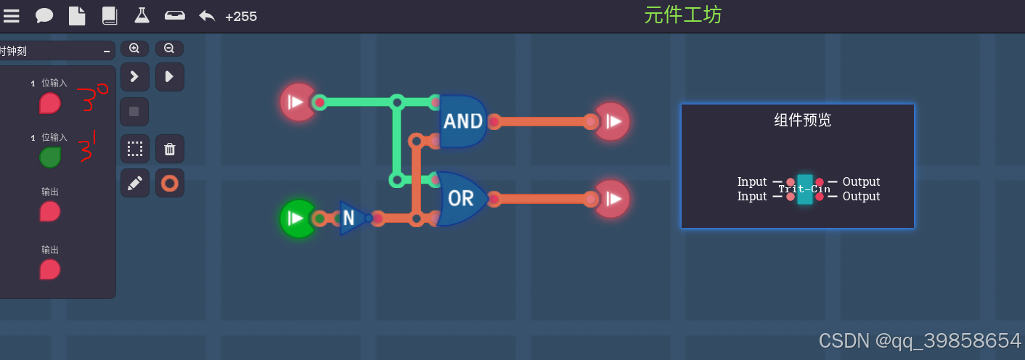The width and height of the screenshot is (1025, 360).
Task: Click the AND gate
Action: pyautogui.click(x=462, y=120)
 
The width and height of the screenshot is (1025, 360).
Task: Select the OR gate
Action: pyautogui.click(x=462, y=198)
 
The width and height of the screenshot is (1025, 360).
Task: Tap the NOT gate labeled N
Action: pyautogui.click(x=351, y=218)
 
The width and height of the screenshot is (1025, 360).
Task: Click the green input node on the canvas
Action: pyautogui.click(x=298, y=218)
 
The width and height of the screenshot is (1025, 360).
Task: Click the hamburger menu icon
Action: pyautogui.click(x=12, y=15)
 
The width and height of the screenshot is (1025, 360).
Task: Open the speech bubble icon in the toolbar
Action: pyautogui.click(x=44, y=15)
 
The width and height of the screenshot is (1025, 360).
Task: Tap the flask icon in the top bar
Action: pyautogui.click(x=142, y=15)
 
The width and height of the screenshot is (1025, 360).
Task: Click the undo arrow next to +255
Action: pyautogui.click(x=207, y=15)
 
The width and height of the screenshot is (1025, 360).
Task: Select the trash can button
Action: pyautogui.click(x=170, y=149)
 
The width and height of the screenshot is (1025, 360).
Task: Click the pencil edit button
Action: pyautogui.click(x=134, y=183)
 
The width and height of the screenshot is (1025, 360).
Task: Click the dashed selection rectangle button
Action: pyautogui.click(x=134, y=149)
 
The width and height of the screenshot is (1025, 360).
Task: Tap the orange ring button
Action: pyautogui.click(x=170, y=183)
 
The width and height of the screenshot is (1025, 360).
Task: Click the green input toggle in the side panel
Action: pyautogui.click(x=49, y=157)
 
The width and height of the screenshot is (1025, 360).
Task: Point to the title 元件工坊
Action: pyautogui.click(x=682, y=15)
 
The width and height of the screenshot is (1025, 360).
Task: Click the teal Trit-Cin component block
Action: pyautogui.click(x=804, y=189)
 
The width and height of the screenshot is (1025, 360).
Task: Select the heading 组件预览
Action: pyautogui.click(x=802, y=120)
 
